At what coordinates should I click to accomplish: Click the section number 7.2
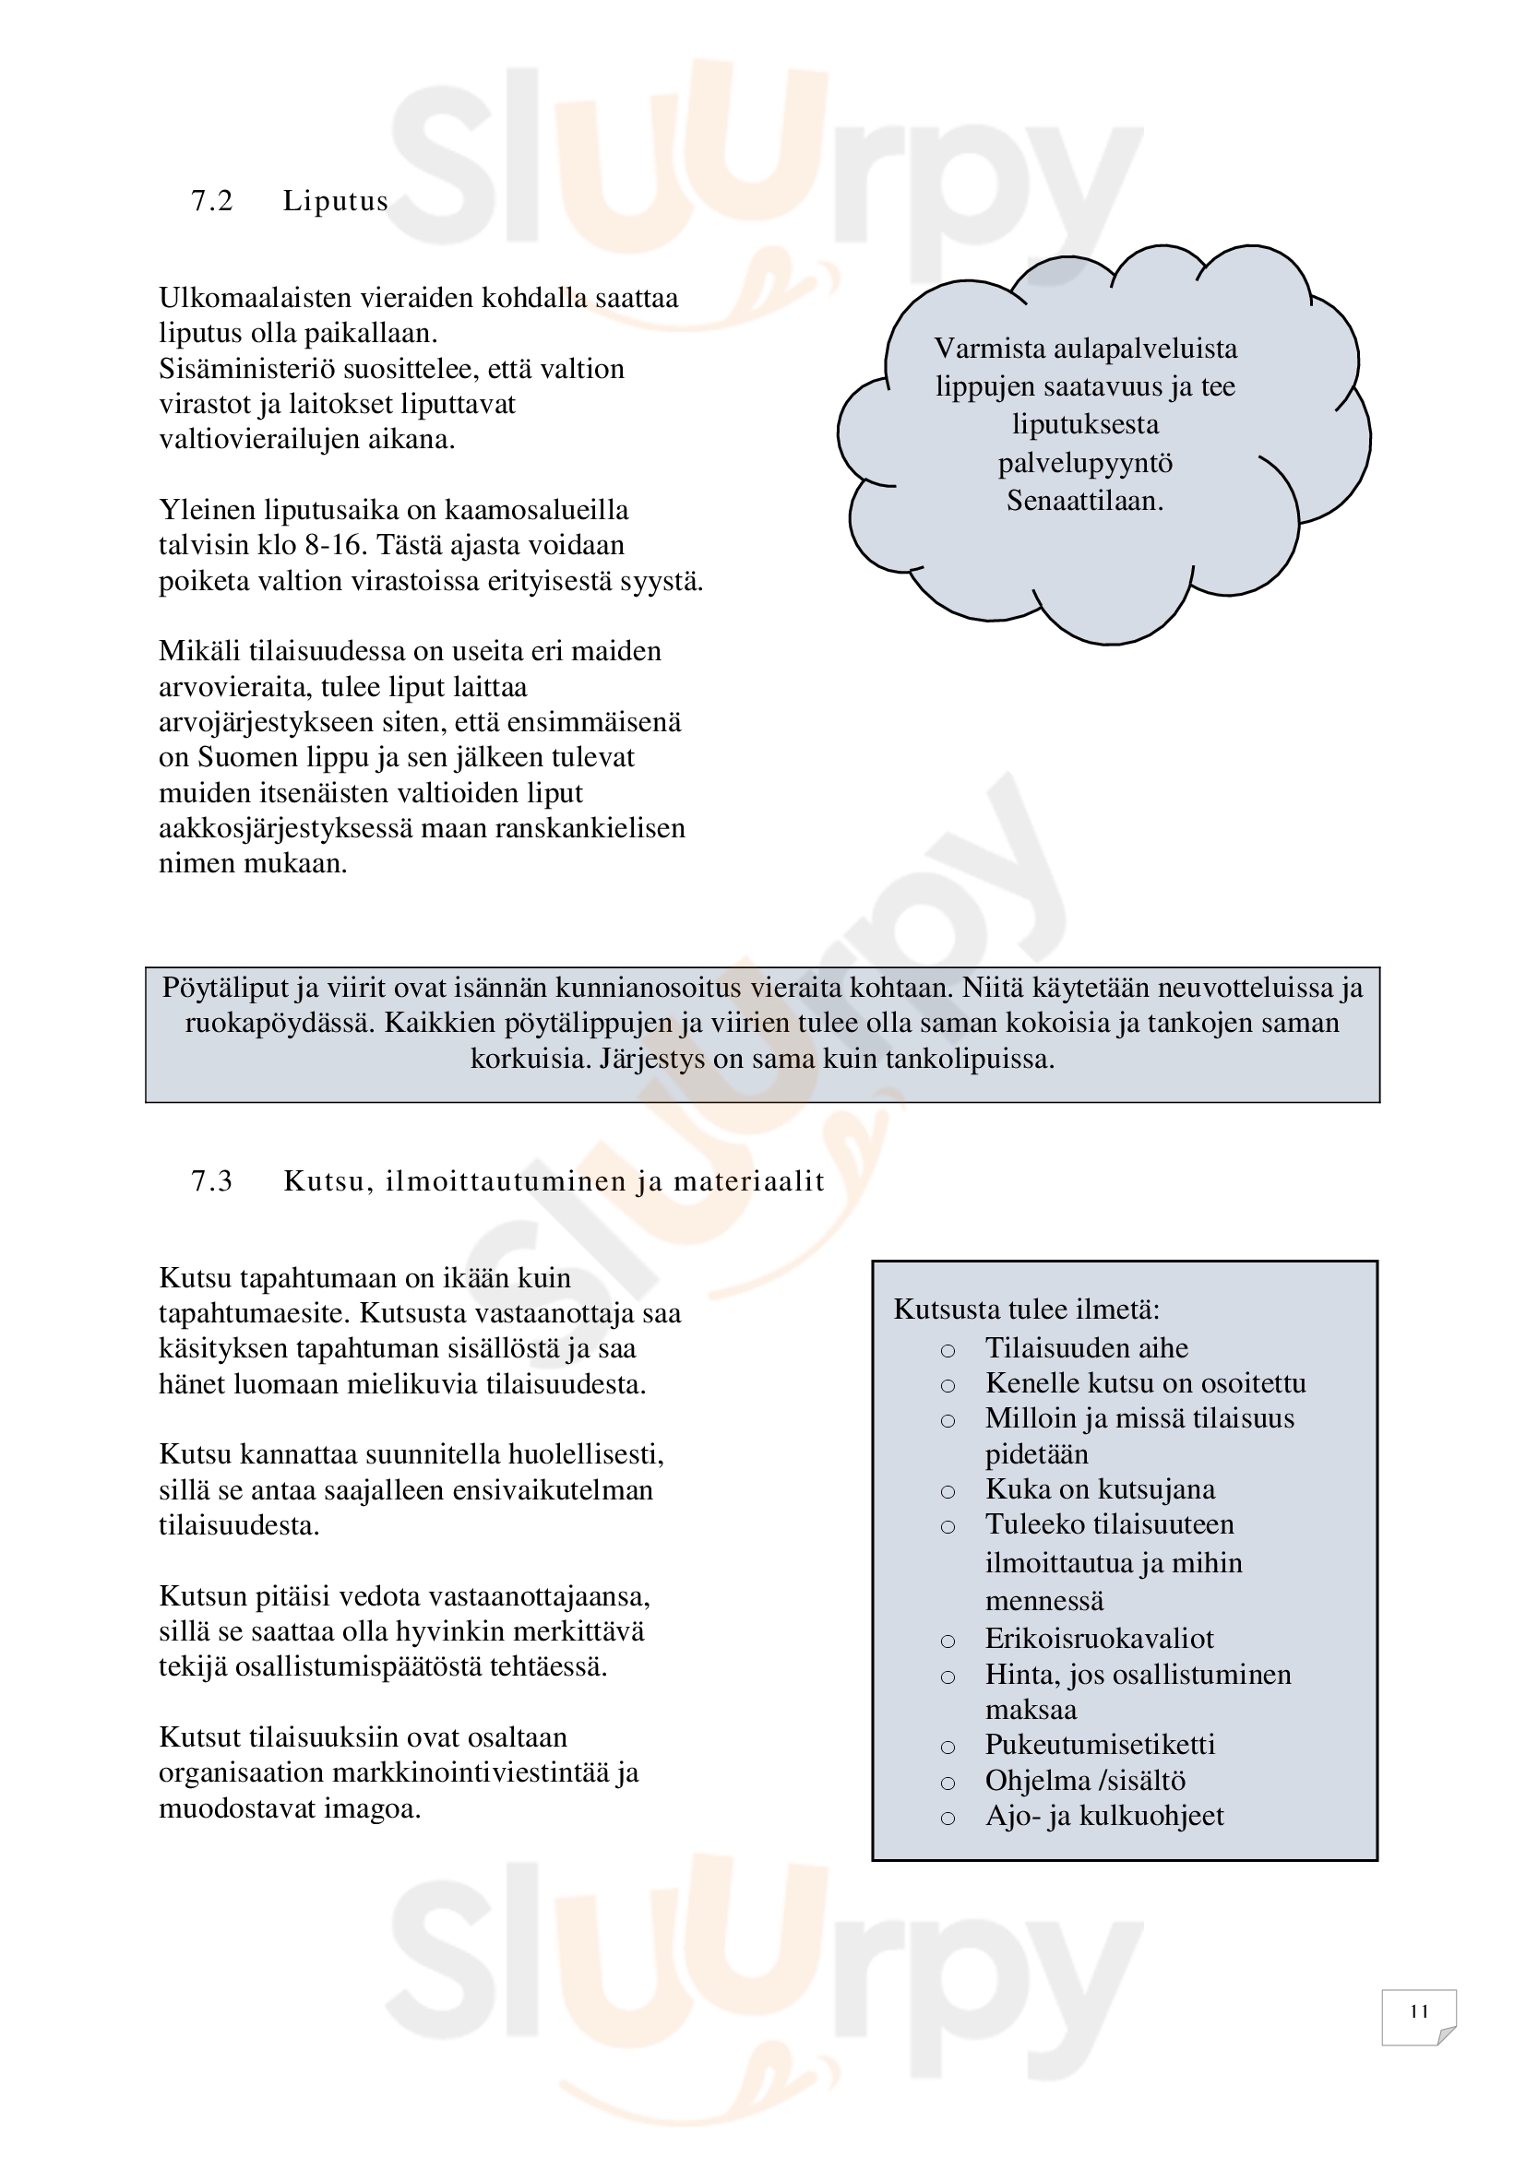[211, 201]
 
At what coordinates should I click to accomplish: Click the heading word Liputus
[336, 201]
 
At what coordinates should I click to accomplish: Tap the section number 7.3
[211, 1181]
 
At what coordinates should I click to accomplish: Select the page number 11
[1419, 2011]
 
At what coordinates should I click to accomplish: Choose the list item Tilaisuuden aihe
[1085, 1348]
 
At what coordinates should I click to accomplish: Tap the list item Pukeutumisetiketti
[1100, 1745]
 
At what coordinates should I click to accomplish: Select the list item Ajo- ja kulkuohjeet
[1104, 1816]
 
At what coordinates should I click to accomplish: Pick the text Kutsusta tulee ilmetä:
[1026, 1309]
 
